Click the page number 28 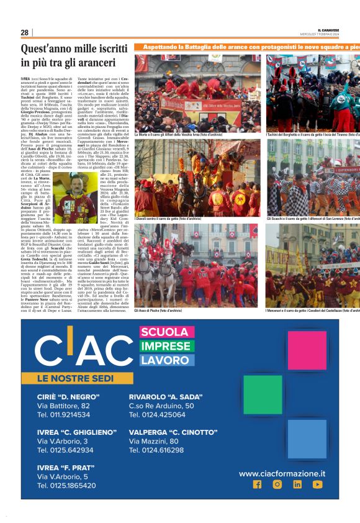pyautogui.click(x=24, y=32)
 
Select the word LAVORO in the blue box pyautogui.click(x=164, y=360)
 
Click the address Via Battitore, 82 pyautogui.click(x=64, y=406)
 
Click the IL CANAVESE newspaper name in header pyautogui.click(x=328, y=29)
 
